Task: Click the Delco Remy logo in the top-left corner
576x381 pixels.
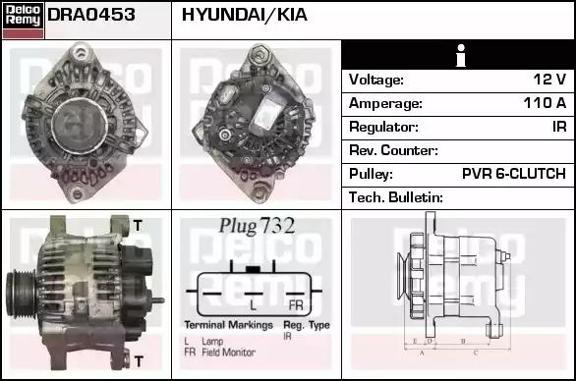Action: tap(23, 20)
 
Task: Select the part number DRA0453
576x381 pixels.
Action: tap(91, 15)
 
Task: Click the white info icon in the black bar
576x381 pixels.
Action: tap(458, 56)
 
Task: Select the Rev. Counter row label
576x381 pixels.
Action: tap(393, 150)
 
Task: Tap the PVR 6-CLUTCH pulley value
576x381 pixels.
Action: tap(513, 174)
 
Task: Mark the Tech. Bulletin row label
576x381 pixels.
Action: tap(396, 197)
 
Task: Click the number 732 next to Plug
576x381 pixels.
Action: tap(277, 225)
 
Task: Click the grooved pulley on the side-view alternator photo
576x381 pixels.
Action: tap(23, 292)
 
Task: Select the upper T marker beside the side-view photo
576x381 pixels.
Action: tap(137, 226)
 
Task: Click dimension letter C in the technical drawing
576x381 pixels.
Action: tap(476, 351)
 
